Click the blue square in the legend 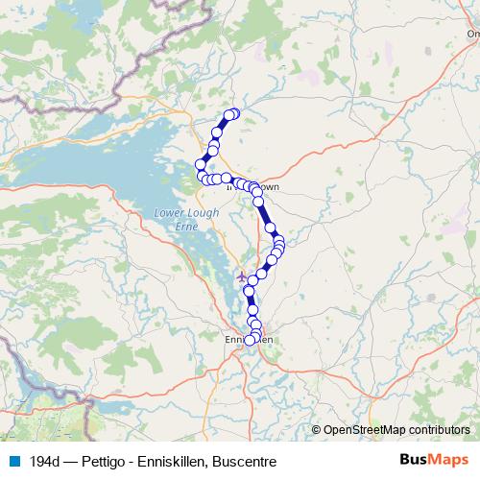(12, 461)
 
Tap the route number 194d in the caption (42, 461)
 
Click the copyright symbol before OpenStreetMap (317, 430)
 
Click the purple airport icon (240, 277)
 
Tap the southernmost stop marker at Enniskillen (251, 340)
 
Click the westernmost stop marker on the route (201, 164)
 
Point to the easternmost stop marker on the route (279, 243)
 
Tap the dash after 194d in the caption (67, 461)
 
